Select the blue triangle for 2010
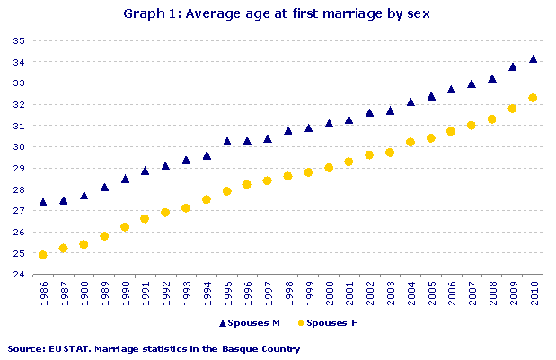click(x=533, y=59)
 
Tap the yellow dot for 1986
click(x=43, y=255)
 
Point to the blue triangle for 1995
click(x=227, y=141)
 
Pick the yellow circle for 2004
click(x=410, y=142)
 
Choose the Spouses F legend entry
click(x=331, y=322)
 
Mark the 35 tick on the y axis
click(x=18, y=41)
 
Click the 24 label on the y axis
click(x=18, y=275)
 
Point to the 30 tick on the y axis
click(x=18, y=147)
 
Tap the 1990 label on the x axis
click(x=125, y=294)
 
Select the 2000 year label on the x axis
click(x=329, y=294)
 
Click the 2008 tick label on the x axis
click(x=492, y=294)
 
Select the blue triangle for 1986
click(x=43, y=203)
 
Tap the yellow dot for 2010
click(x=533, y=98)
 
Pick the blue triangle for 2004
click(x=410, y=102)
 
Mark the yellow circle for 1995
click(x=227, y=191)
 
